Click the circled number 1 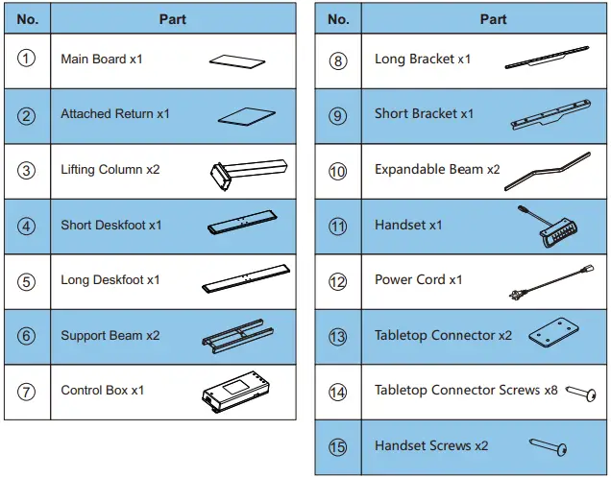click(27, 59)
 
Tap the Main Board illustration click(236, 60)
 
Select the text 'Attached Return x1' click(115, 114)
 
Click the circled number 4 click(27, 226)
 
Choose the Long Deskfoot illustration click(245, 279)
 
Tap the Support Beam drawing click(235, 335)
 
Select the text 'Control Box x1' click(103, 391)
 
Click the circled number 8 click(338, 60)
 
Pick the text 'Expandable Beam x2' click(437, 170)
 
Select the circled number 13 click(338, 337)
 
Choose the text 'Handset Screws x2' click(431, 446)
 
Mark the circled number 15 click(338, 446)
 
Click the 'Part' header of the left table click(172, 19)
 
